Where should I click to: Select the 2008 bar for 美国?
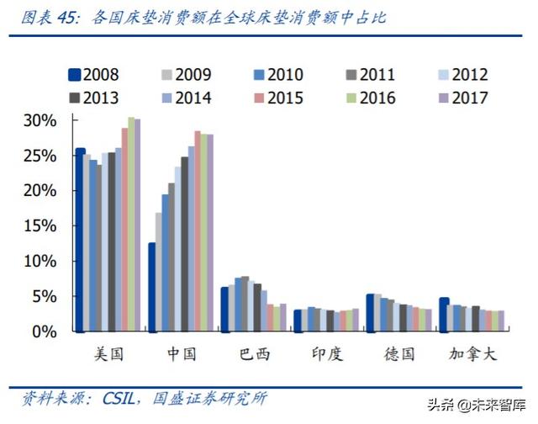pos(80,240)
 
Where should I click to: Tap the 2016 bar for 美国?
pos(131,225)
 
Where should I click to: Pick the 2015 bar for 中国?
pos(198,231)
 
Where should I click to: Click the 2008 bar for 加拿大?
pos(444,315)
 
